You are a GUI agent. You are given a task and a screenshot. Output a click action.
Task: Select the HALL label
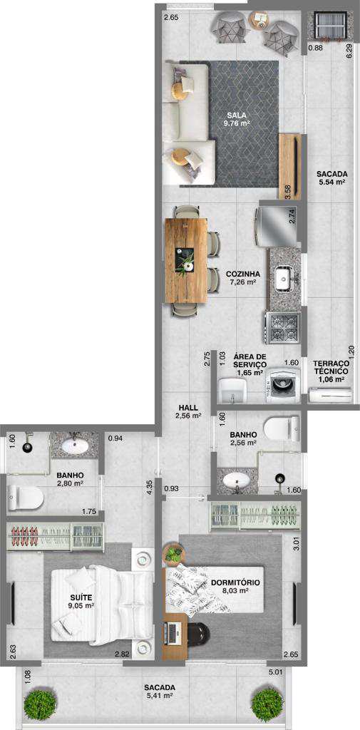point(187,408)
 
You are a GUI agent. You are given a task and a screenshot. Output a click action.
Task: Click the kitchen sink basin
point(283,279)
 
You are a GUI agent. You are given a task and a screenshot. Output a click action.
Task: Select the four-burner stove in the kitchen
point(282,328)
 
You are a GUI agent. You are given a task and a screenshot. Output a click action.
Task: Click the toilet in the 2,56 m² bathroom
point(282,428)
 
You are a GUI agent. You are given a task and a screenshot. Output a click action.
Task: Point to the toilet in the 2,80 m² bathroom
point(26,498)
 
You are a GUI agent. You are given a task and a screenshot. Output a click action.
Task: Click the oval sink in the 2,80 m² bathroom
point(75,447)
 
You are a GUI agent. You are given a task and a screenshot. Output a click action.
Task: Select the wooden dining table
point(186,261)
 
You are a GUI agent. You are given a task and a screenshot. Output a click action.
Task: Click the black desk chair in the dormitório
point(198,634)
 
